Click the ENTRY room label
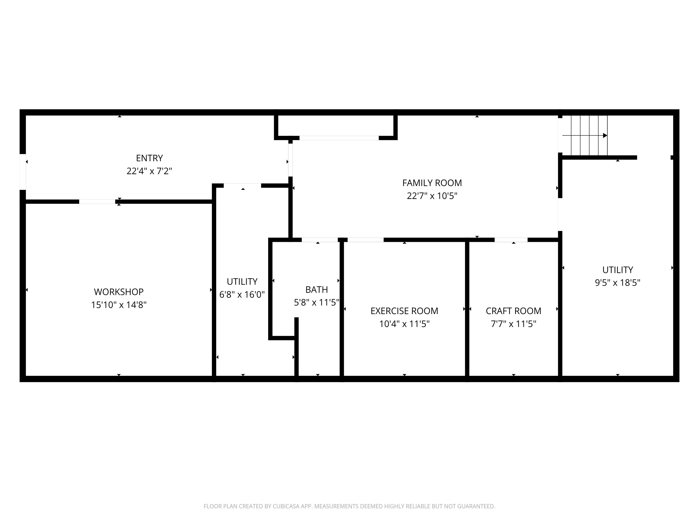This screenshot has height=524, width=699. (x=149, y=158)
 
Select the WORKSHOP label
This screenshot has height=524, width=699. (x=119, y=292)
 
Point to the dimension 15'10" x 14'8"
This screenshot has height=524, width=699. (x=119, y=305)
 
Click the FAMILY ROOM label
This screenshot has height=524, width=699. (x=432, y=183)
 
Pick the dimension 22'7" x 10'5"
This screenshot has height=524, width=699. (x=432, y=196)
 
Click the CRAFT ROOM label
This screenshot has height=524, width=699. (x=514, y=311)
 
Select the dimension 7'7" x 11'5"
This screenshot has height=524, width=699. (x=514, y=324)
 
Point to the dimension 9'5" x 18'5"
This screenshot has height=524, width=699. (x=618, y=283)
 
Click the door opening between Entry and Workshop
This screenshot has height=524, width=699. (x=97, y=202)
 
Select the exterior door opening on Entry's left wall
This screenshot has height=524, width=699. (x=23, y=172)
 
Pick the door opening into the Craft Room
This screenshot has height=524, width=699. (x=511, y=240)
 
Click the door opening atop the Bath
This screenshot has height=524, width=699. (x=320, y=240)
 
